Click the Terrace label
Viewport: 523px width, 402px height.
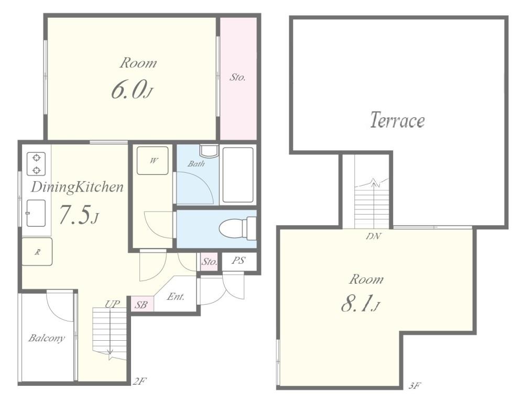click(397, 120)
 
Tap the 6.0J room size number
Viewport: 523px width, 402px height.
click(132, 90)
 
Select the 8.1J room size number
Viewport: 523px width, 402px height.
click(361, 304)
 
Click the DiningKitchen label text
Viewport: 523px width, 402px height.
click(77, 187)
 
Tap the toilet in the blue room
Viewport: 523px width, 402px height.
click(237, 228)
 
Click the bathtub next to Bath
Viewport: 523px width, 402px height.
click(238, 175)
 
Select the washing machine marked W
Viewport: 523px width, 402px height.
click(152, 161)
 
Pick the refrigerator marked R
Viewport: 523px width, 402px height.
click(37, 251)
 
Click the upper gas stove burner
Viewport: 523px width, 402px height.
click(36, 158)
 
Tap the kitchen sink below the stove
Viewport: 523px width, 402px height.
click(36, 213)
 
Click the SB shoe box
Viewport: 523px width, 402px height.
click(142, 305)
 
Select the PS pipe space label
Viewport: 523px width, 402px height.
click(238, 260)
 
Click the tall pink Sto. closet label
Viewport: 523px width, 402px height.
click(237, 77)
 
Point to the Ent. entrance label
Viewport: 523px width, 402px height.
click(176, 296)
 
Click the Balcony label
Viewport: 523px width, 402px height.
click(46, 338)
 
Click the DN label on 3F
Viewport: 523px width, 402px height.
click(374, 236)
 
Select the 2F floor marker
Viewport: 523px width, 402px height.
click(140, 381)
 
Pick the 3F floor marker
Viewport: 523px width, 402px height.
click(415, 386)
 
